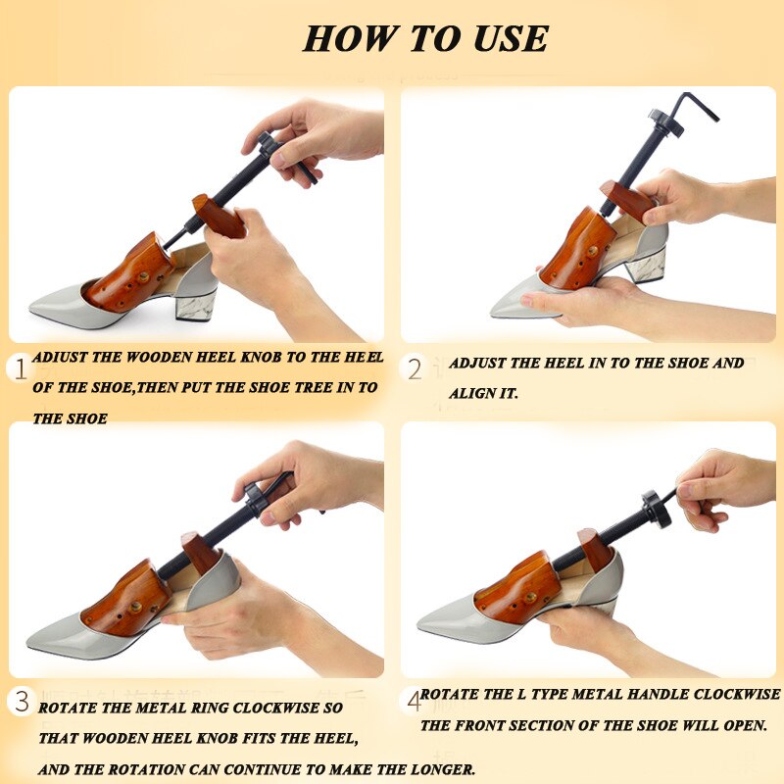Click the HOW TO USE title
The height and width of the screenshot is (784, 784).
[x=425, y=38]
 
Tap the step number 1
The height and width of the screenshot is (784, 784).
[x=19, y=369]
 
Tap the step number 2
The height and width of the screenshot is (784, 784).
[x=415, y=369]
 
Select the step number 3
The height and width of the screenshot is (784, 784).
[x=22, y=701]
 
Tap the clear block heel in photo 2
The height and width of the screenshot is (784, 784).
[x=646, y=264]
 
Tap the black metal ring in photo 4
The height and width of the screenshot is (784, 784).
[x=656, y=510]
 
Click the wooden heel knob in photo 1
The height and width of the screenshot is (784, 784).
[x=218, y=216]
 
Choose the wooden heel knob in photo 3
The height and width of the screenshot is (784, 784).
[x=201, y=553]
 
